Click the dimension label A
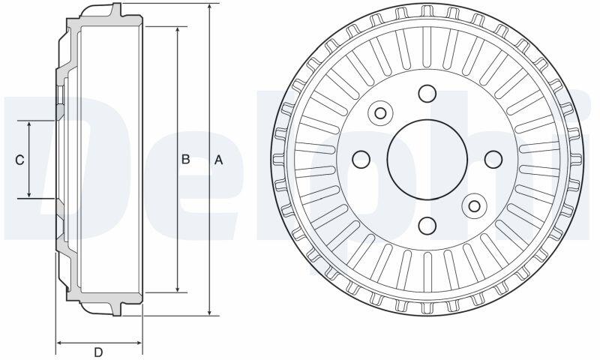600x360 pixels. tap(218, 160)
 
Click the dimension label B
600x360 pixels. tap(185, 159)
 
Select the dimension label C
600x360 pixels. tap(19, 160)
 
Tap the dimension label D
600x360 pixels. tap(98, 352)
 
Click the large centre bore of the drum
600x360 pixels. tap(427, 160)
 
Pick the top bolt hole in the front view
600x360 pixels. tap(427, 93)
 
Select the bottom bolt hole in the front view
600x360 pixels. tap(427, 225)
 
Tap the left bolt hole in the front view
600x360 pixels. tap(361, 160)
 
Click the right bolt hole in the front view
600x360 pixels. tap(493, 160)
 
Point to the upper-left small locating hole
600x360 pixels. tap(380, 112)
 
